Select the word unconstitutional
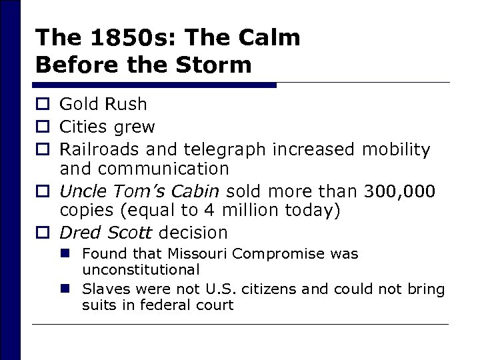[x=141, y=269]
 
